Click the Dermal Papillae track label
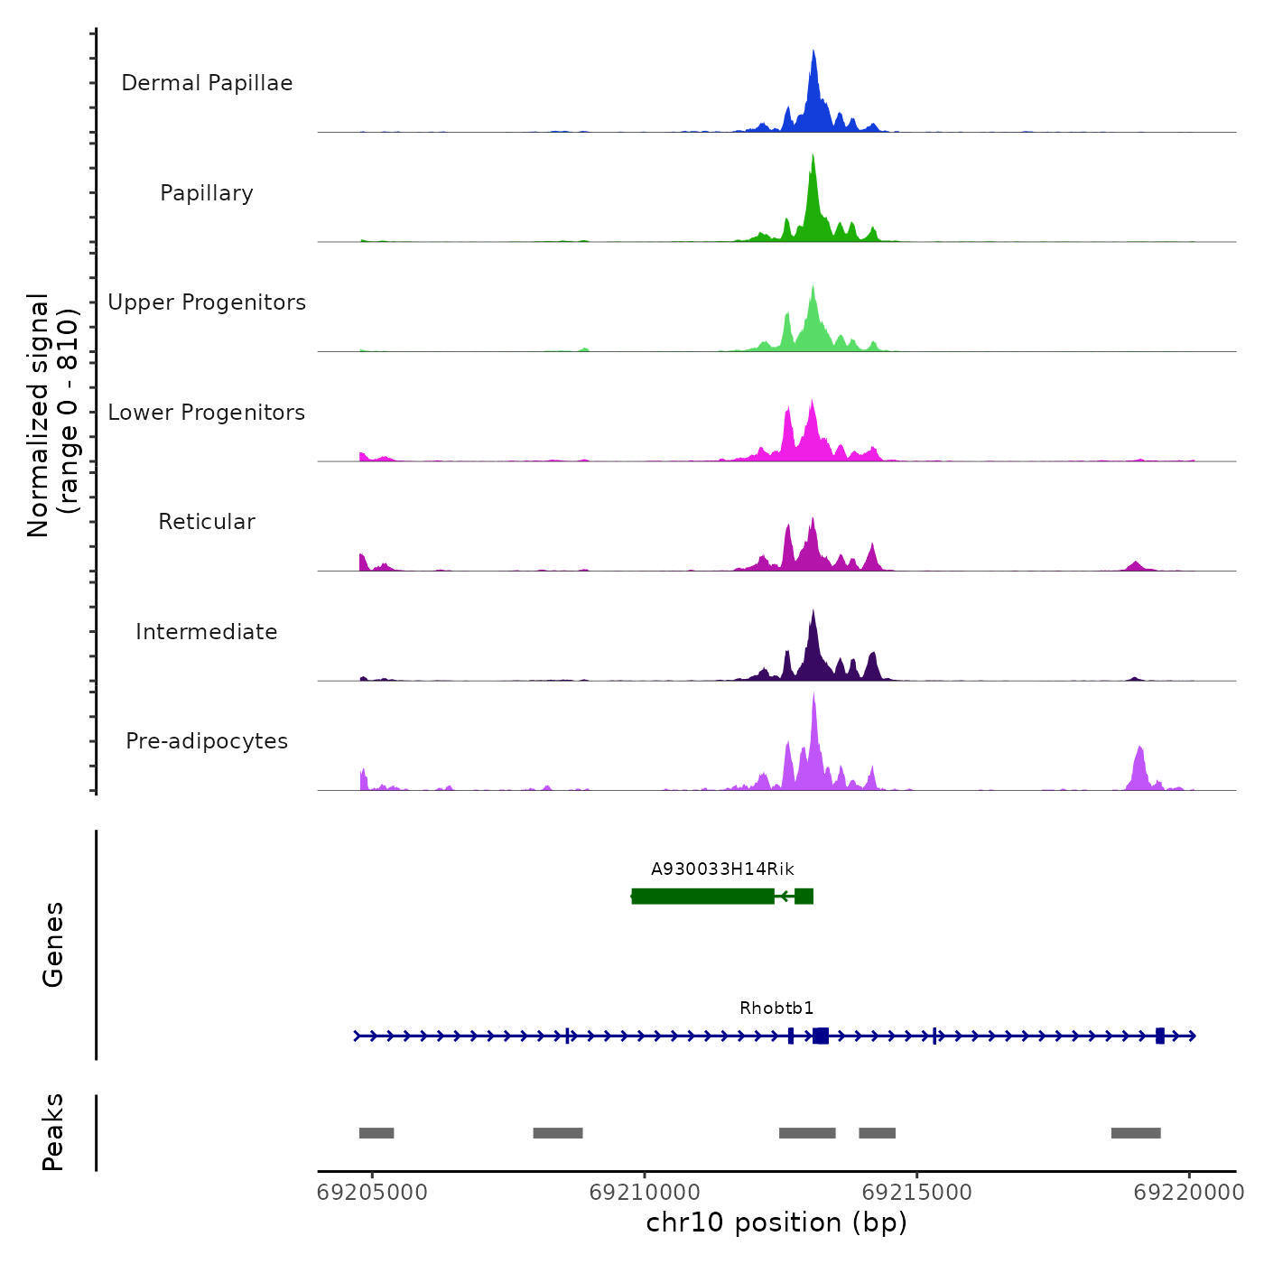pyautogui.click(x=207, y=83)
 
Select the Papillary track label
pyautogui.click(x=207, y=193)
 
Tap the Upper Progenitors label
pyautogui.click(x=207, y=302)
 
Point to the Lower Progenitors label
pyautogui.click(x=207, y=413)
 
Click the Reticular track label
pyautogui.click(x=207, y=522)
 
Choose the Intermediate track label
pyautogui.click(x=207, y=632)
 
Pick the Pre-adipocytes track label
pyautogui.click(x=207, y=741)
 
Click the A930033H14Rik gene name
pyautogui.click(x=722, y=869)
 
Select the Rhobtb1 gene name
pyautogui.click(x=776, y=1008)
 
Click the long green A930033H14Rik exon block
pyautogui.click(x=702, y=896)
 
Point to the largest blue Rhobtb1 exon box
pyautogui.click(x=821, y=1036)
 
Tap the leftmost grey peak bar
pyautogui.click(x=376, y=1133)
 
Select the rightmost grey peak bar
pyautogui.click(x=1136, y=1133)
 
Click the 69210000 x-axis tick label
pyautogui.click(x=645, y=1193)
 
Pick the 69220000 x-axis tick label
pyautogui.click(x=1189, y=1193)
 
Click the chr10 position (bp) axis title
pyautogui.click(x=776, y=1222)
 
